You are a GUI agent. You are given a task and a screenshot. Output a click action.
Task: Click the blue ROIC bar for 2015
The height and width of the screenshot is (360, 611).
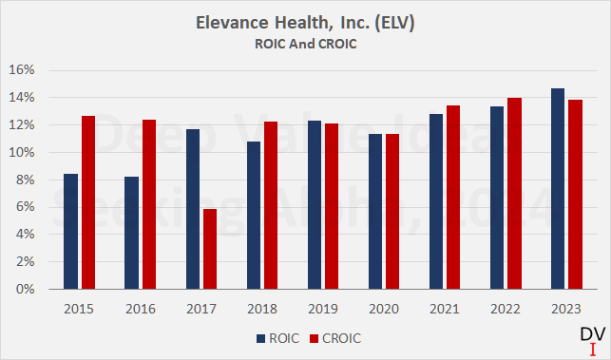71,232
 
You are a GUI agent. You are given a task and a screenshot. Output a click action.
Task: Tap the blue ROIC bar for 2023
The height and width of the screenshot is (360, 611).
558,189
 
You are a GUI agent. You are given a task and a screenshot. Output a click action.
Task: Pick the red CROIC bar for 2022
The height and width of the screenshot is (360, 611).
514,194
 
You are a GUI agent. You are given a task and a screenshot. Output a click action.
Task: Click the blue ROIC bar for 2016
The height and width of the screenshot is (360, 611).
132,233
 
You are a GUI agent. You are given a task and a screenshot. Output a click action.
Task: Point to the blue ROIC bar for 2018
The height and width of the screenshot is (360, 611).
254,216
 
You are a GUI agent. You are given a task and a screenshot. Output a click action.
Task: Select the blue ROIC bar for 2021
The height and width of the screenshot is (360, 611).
436,201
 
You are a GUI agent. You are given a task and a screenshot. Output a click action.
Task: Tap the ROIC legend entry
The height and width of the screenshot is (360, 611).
277,337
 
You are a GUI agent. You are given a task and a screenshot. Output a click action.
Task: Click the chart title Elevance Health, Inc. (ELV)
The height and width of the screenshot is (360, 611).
305,22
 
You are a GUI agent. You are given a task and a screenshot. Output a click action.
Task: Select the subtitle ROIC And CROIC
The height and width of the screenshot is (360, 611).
305,43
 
